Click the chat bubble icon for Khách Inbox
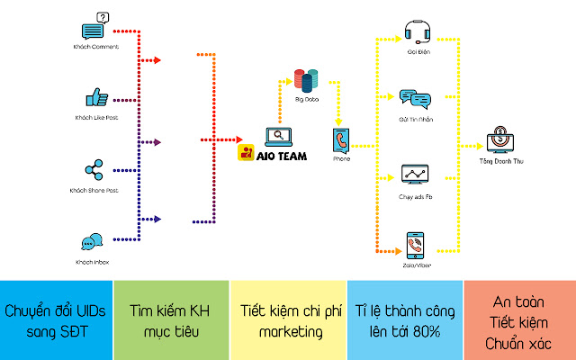pos(91,242)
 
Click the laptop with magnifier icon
pos(278,137)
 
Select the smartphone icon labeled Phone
pos(341,140)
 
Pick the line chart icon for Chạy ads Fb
pos(415,173)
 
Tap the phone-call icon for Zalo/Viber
pos(415,244)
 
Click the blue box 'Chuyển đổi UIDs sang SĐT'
pos(58,319)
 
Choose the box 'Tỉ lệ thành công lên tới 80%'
pos(403,319)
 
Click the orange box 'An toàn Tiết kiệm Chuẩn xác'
pos(519,319)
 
